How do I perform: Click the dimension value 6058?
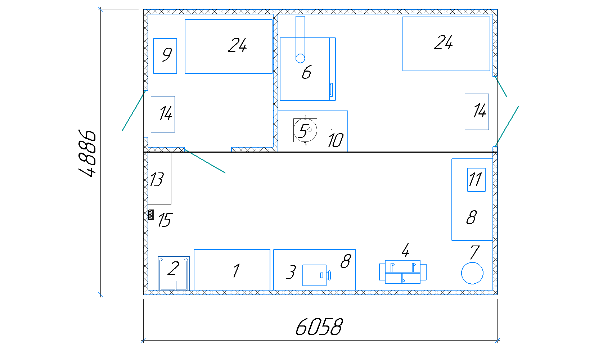(x=319, y=327)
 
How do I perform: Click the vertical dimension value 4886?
(x=87, y=153)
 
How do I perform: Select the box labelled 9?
(x=165, y=56)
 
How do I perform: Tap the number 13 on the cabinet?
(x=157, y=179)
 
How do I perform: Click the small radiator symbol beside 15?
(x=151, y=215)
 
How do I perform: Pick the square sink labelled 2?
(x=174, y=273)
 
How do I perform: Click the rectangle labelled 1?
(x=232, y=270)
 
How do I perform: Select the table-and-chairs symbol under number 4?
(x=402, y=272)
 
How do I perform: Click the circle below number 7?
(x=472, y=273)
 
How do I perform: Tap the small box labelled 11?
(x=476, y=180)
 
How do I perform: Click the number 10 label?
(x=336, y=140)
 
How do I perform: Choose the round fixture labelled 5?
(x=305, y=130)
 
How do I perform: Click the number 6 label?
(x=306, y=72)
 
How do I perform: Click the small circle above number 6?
(x=300, y=58)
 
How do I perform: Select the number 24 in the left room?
(x=237, y=45)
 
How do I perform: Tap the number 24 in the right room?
(x=443, y=42)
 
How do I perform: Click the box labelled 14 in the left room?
(x=163, y=114)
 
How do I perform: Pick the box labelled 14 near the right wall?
(x=477, y=112)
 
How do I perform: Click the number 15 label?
(x=165, y=220)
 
